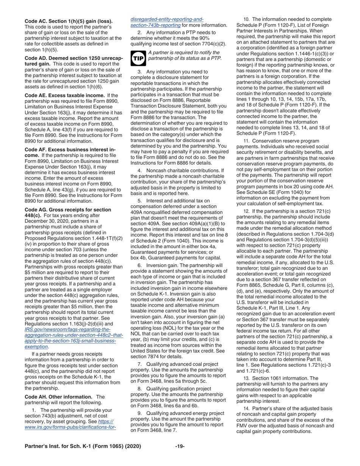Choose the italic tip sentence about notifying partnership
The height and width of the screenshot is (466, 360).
tap(185, 55)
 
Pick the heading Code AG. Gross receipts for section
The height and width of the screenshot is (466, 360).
tap(68, 210)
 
